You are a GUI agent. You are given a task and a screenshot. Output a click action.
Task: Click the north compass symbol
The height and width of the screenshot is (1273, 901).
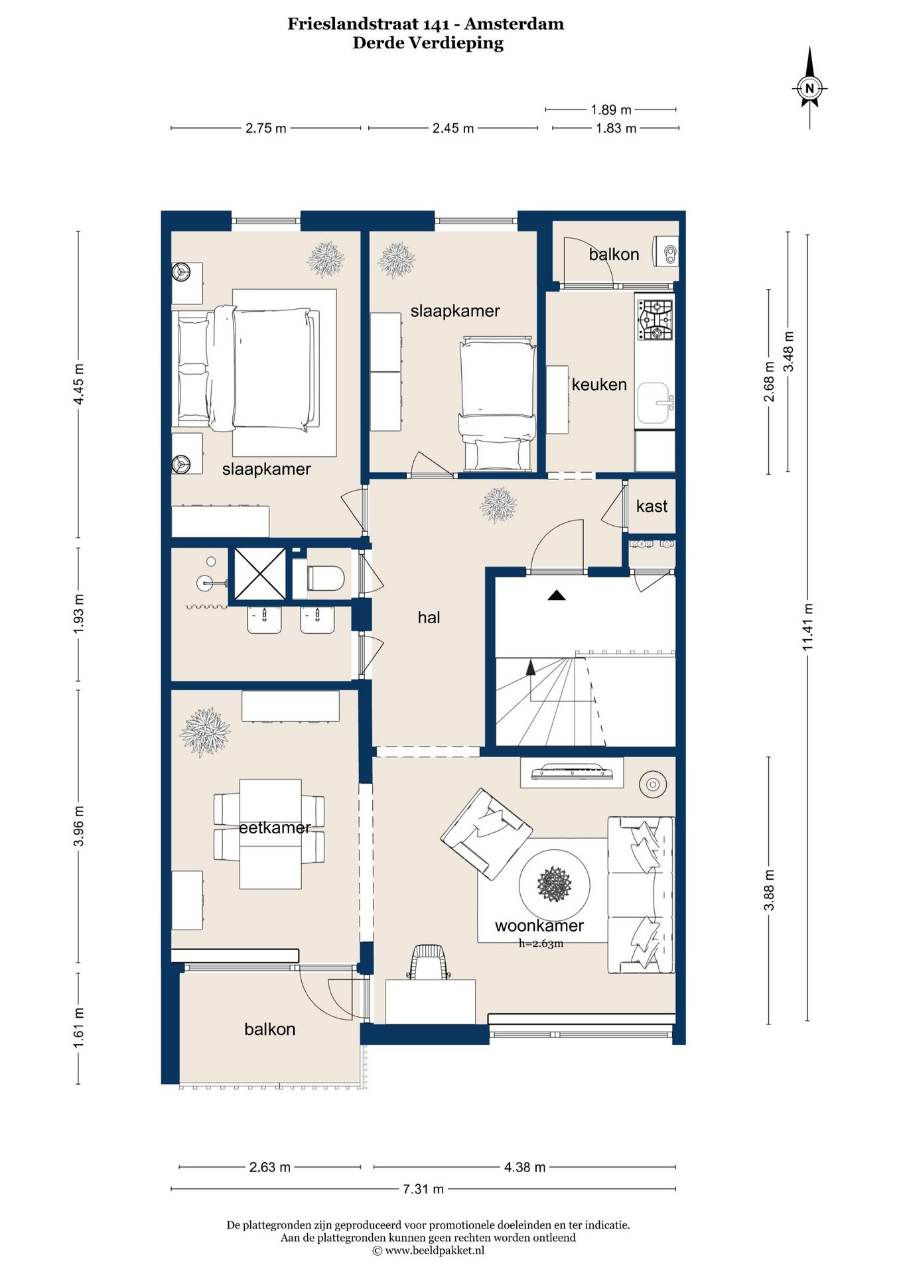coord(809,88)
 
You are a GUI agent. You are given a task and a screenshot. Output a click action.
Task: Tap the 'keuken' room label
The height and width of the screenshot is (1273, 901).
coord(599,385)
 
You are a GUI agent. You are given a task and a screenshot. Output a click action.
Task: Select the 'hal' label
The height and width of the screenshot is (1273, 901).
coord(429,617)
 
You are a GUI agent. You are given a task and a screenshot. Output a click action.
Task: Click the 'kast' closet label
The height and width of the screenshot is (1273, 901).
coord(652,506)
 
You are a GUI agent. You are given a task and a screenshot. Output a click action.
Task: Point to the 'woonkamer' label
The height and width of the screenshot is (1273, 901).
coord(539,926)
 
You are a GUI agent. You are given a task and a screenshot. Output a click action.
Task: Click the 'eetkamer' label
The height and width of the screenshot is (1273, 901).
coord(275,827)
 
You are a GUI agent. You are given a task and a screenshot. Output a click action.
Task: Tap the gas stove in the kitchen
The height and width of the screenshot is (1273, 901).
coord(655,320)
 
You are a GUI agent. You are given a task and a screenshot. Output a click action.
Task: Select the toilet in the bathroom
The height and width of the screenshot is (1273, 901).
coord(325,578)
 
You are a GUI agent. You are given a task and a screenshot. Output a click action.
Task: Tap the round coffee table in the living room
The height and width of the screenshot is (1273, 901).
coord(555,884)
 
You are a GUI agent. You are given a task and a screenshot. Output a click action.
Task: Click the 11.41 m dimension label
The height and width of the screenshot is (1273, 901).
coord(807,627)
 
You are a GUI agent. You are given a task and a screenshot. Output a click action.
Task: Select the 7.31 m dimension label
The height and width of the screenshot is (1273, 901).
coord(423,1189)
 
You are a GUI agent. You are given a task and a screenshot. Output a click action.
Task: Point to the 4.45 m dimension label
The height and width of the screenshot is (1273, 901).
coord(79,384)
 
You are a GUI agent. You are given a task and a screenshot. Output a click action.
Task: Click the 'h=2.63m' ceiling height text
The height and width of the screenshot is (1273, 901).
coord(541,943)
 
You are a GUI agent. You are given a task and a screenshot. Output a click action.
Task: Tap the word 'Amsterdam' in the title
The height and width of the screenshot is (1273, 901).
coord(514,24)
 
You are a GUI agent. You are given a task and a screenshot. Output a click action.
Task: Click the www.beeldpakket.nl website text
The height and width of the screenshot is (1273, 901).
coord(435,1250)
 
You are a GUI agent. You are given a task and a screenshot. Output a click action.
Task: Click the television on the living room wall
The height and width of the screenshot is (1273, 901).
coord(572,771)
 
